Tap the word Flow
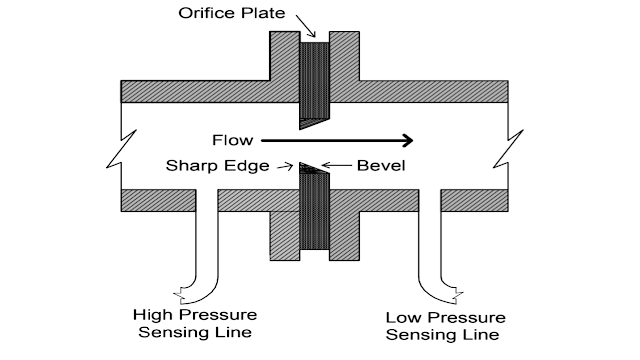(232, 139)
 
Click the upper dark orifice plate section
(315, 80)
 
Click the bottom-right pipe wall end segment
(481, 200)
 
